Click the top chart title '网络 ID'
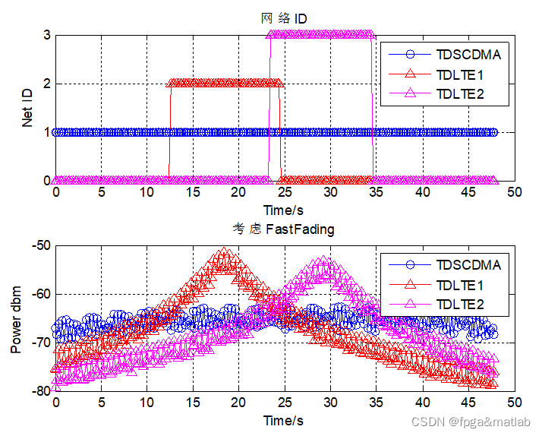pos(285,17)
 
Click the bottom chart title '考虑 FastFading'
pos(285,228)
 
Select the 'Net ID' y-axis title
pos(27,107)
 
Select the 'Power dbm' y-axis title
pos(17,318)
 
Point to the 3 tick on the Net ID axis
pos(46,35)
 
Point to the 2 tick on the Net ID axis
pos(46,84)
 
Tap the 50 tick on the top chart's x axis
pos(514,193)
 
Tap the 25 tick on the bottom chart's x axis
pos(285,403)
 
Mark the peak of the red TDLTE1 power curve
pos(224,252)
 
